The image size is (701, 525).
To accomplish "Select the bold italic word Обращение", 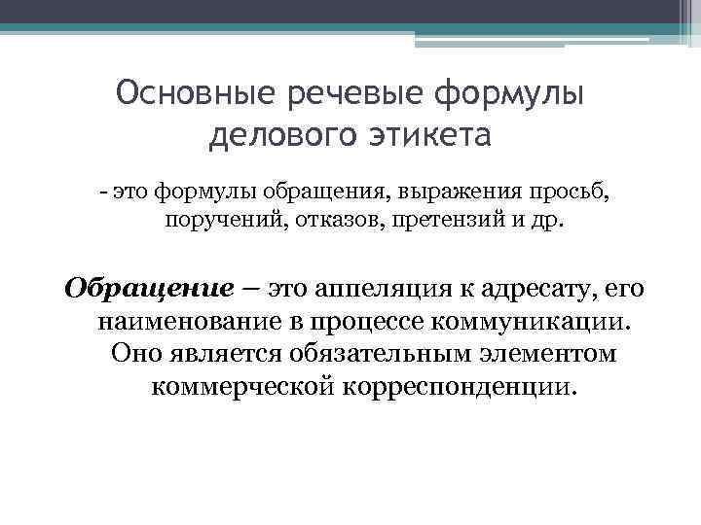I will pos(148,289).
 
